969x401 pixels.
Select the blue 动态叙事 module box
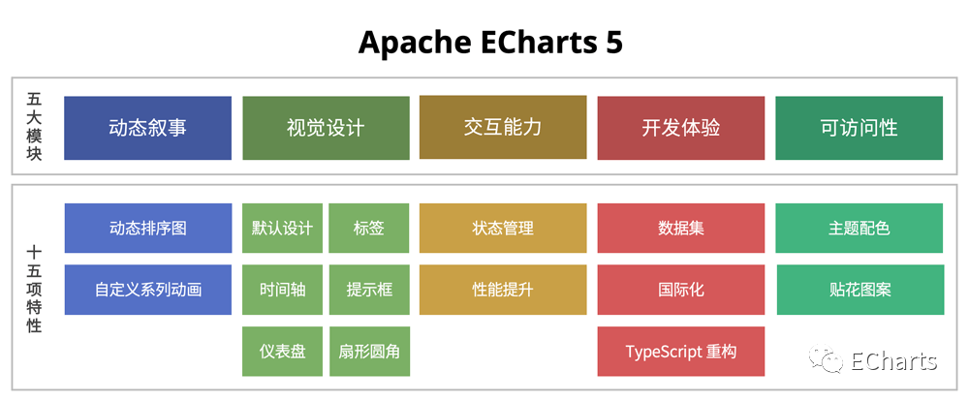pyautogui.click(x=147, y=127)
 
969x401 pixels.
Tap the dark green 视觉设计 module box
pyautogui.click(x=326, y=127)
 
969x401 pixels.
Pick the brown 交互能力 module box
pyautogui.click(x=503, y=127)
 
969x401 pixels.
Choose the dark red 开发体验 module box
pyautogui.click(x=680, y=127)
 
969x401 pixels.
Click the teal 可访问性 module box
pyautogui.click(x=859, y=127)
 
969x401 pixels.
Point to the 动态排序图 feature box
pyautogui.click(x=147, y=229)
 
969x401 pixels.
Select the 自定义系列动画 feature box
pyautogui.click(x=147, y=289)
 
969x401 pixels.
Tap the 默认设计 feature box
pyautogui.click(x=282, y=229)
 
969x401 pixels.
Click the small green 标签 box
pyautogui.click(x=369, y=229)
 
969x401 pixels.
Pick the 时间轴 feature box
pyautogui.click(x=282, y=289)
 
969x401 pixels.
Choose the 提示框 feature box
pyautogui.click(x=369, y=289)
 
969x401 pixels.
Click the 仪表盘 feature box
pyautogui.click(x=282, y=351)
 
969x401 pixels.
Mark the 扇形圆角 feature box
pyautogui.click(x=369, y=351)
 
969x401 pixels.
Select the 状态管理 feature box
pyautogui.click(x=503, y=229)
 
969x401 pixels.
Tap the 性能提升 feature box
pyautogui.click(x=503, y=289)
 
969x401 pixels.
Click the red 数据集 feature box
pyautogui.click(x=680, y=229)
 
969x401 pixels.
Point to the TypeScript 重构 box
pyautogui.click(x=680, y=351)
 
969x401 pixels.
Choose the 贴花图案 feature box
pyautogui.click(x=860, y=289)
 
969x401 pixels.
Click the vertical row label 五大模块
pyautogui.click(x=35, y=126)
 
